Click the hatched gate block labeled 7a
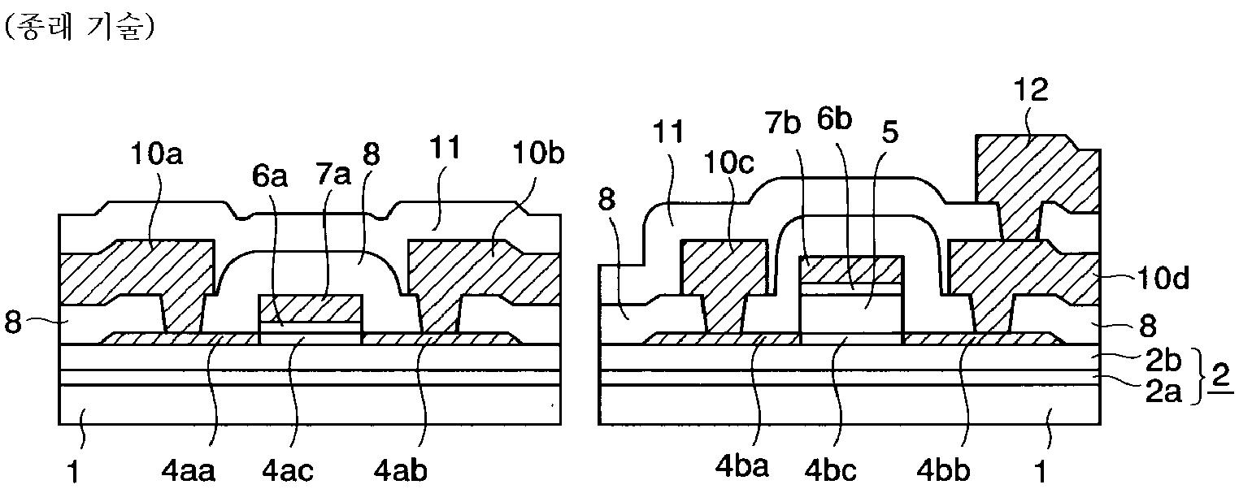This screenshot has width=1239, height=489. coord(309,309)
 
